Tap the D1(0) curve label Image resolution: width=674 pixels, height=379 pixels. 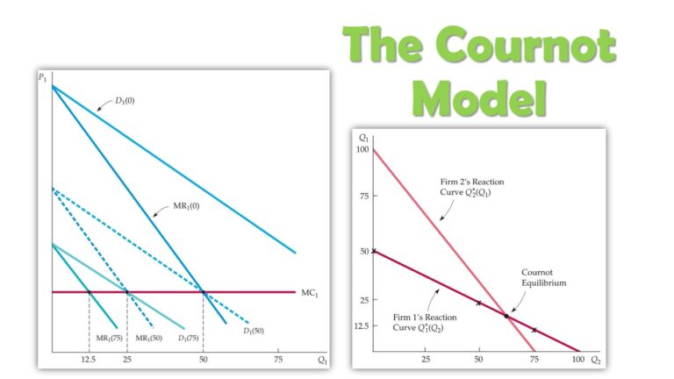pos(125,101)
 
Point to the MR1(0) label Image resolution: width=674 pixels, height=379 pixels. pos(179,208)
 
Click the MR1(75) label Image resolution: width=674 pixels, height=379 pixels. pos(108,338)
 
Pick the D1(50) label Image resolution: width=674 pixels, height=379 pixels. pos(254,330)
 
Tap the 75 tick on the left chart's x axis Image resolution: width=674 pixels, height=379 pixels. pos(278,360)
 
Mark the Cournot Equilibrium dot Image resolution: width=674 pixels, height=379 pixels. pos(506,316)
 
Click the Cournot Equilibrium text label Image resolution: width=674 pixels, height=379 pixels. pos(543,278)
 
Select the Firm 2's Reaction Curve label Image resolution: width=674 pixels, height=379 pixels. pos(472,187)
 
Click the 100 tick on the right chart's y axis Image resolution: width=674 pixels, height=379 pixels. pos(363,150)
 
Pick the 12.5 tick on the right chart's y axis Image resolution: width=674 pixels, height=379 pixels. pos(362,325)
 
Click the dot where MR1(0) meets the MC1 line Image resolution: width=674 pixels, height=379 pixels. pos(204,292)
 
